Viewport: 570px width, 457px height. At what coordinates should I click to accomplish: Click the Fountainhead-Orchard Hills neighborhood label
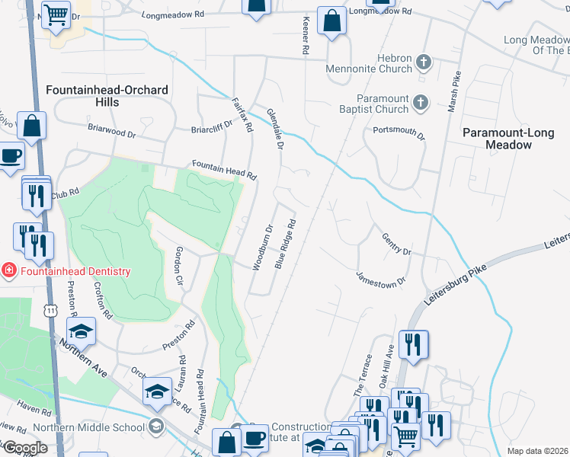coord(107,96)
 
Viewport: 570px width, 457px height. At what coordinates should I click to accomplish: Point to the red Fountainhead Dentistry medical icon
coord(8,271)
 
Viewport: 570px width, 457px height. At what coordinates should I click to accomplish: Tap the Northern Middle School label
coord(90,427)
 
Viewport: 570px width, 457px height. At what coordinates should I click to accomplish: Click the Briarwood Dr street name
coord(111,132)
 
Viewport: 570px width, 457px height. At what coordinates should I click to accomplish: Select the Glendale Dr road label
coord(275,128)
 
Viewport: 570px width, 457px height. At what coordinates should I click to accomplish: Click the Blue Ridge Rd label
coord(284,244)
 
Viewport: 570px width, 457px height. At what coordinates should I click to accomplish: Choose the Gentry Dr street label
coord(396,245)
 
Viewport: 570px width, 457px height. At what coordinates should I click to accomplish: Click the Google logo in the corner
coord(24,448)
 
